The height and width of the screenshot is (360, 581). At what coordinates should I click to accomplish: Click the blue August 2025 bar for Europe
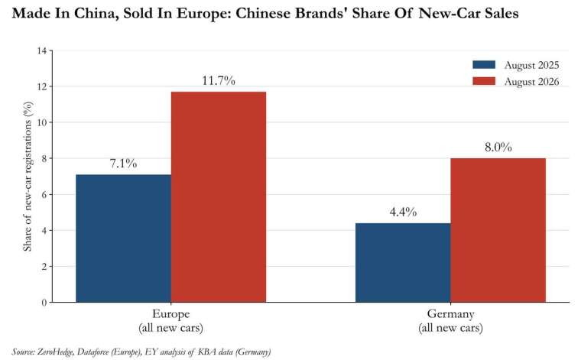123,238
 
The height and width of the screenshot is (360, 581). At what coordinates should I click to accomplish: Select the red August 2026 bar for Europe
219,196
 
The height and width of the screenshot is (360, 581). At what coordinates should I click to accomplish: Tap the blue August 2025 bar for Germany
403,263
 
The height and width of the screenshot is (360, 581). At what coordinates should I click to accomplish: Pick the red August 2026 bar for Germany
498,230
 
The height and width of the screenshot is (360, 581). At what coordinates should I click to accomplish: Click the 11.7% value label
219,80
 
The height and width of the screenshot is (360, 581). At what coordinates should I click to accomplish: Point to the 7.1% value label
123,164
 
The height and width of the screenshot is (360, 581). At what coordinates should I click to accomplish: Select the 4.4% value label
403,212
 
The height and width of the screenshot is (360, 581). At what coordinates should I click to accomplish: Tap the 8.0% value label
498,147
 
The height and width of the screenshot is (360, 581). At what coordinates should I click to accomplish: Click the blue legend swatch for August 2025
484,65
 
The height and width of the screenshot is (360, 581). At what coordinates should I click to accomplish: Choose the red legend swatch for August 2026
484,81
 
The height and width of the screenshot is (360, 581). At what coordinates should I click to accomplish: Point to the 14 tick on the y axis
42,50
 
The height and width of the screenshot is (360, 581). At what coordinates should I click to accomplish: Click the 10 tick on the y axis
42,122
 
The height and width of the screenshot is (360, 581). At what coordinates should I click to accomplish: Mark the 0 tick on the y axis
44,303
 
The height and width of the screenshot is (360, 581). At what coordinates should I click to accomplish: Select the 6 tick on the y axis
44,194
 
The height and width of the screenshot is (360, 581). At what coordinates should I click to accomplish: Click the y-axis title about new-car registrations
28,177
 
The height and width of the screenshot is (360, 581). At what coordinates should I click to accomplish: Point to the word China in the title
96,14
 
